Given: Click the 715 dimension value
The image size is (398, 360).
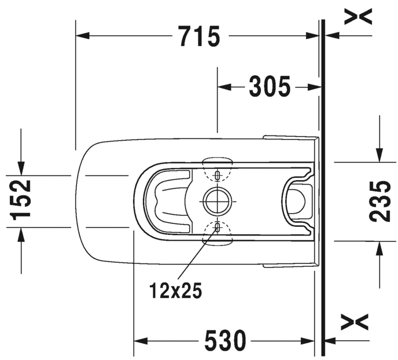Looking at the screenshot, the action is [199, 36].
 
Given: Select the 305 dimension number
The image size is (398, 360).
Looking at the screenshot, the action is [270, 87].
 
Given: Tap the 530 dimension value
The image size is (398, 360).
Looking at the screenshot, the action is [226, 340].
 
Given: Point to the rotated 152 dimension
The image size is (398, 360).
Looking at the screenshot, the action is [20, 200].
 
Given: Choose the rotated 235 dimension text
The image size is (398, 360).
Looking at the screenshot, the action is [379, 201].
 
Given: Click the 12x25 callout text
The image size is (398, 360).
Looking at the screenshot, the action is [176, 290].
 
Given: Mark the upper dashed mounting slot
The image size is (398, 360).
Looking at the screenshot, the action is [218, 175].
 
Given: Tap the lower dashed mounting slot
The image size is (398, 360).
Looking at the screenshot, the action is [218, 227].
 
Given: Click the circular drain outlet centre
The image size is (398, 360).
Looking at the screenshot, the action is [218, 201].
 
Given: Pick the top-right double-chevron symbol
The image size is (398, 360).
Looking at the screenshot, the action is [358, 16].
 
